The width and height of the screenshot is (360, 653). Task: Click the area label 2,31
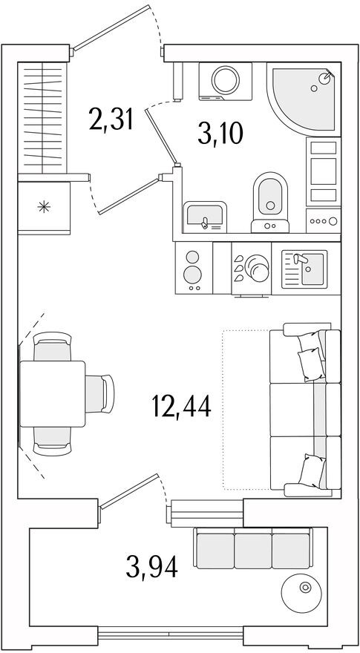111,118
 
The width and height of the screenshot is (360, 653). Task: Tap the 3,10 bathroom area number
220,135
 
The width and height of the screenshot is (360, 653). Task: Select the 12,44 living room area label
182,407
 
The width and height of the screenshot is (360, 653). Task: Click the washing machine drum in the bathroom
226,79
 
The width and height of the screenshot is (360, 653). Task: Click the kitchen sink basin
312,269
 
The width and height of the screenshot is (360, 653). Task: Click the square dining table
53,394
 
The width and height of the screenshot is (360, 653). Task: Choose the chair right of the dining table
99,393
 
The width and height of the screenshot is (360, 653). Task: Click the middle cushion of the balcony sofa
252,551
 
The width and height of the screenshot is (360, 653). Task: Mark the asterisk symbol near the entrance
43,207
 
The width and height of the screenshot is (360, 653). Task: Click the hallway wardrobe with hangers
42,117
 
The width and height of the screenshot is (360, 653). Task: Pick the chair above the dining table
52,347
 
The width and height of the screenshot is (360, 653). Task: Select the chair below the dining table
52,441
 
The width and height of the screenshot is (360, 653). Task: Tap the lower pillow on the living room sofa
312,470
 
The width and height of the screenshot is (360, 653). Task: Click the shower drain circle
314,88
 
